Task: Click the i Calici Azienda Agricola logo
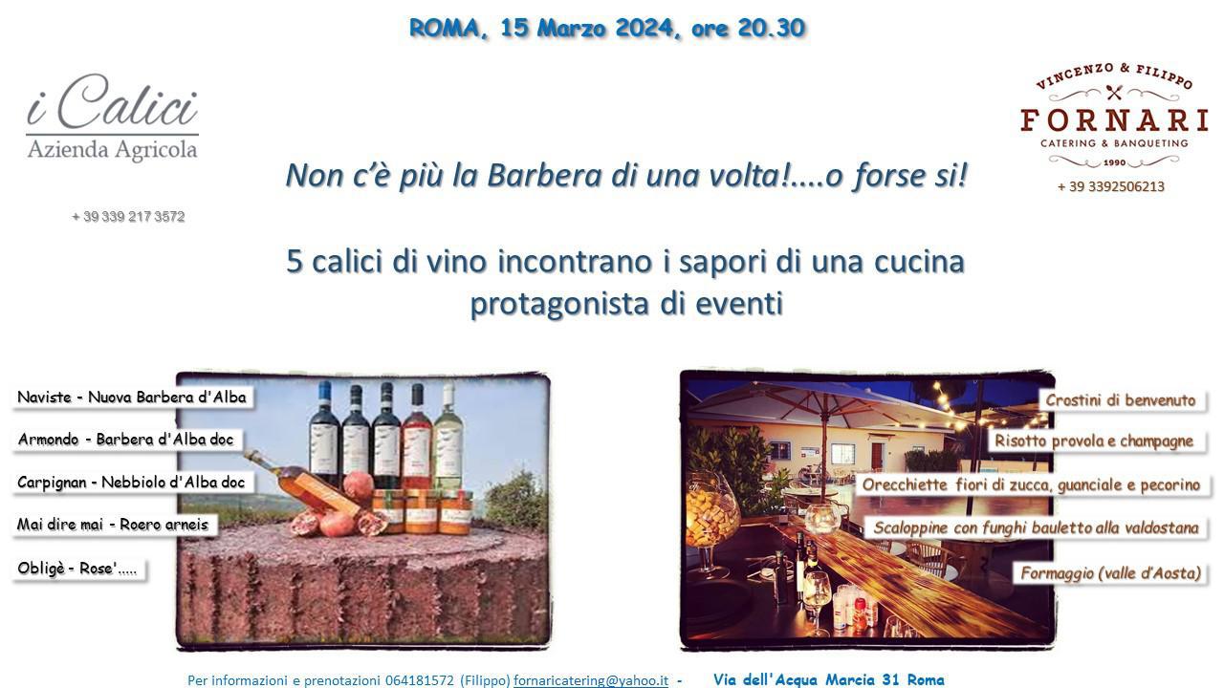pyautogui.click(x=112, y=118)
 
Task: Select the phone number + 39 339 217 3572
pyautogui.click(x=128, y=217)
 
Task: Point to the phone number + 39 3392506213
pyautogui.click(x=1111, y=186)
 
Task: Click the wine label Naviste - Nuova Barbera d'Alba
pyautogui.click(x=132, y=398)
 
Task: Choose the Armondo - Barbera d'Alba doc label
pyautogui.click(x=126, y=441)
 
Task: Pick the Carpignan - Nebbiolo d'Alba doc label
pyautogui.click(x=132, y=483)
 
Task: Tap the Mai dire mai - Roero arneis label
pyautogui.click(x=114, y=525)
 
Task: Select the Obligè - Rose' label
pyautogui.click(x=78, y=569)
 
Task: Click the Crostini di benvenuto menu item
pyautogui.click(x=1121, y=400)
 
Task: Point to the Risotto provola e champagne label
pyautogui.click(x=1095, y=441)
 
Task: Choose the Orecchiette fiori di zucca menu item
pyautogui.click(x=1031, y=484)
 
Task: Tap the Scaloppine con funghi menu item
pyautogui.click(x=1036, y=528)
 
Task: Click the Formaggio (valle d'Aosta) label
pyautogui.click(x=1110, y=573)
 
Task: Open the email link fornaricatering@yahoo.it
pyautogui.click(x=591, y=680)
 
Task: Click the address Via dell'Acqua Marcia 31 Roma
pyautogui.click(x=829, y=679)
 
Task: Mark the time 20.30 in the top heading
pyautogui.click(x=771, y=29)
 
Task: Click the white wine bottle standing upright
pyautogui.click(x=448, y=437)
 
